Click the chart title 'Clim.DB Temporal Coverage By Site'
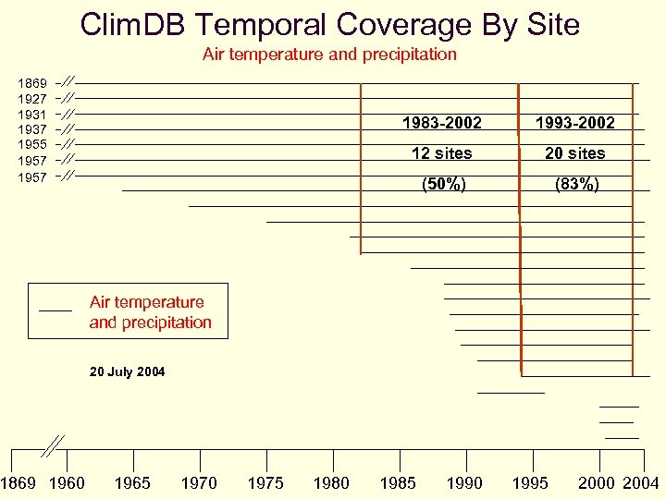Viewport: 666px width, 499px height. pos(330,24)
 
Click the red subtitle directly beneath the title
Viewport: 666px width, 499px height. pos(329,55)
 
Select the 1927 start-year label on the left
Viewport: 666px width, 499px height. pos(33,99)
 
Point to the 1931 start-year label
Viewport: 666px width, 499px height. pos(33,115)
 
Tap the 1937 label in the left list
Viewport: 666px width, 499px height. pos(33,130)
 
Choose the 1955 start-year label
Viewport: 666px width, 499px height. pos(33,145)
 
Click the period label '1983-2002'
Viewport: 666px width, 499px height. pos(441,123)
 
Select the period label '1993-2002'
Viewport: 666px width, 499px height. pos(574,123)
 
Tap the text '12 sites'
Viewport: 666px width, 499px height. pos(441,153)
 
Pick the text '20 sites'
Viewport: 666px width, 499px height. pos(574,153)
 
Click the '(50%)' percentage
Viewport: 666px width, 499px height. pos(443,184)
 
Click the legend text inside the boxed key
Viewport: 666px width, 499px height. pos(150,312)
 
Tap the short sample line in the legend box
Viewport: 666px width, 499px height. pos(56,308)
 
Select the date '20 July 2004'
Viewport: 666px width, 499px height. pos(128,372)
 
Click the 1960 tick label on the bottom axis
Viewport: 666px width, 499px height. pos(67,483)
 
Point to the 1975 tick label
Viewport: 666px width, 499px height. pos(265,483)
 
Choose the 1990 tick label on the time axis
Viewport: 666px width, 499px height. pos(464,483)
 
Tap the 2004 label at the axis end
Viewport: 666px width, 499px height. pos(641,483)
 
